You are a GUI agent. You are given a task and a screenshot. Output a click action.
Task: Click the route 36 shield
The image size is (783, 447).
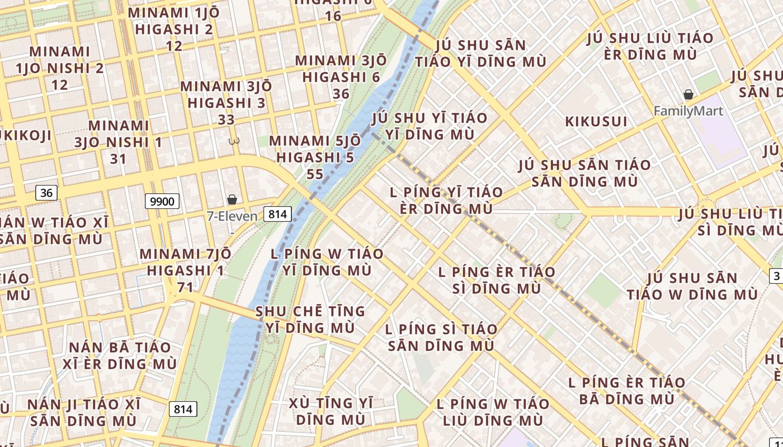click(x=46, y=193)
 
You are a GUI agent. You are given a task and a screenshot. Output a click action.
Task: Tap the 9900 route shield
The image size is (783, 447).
click(x=162, y=201)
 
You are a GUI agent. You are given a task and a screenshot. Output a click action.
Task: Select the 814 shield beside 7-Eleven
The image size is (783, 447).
click(x=277, y=213)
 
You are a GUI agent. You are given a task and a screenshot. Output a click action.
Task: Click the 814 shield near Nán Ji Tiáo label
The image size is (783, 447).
click(x=183, y=409)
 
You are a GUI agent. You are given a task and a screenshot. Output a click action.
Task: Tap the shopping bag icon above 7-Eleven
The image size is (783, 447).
click(x=232, y=199)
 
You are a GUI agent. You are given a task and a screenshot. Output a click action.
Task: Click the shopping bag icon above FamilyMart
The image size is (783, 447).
click(x=688, y=95)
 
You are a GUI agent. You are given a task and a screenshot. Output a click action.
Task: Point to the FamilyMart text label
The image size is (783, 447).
click(x=688, y=111)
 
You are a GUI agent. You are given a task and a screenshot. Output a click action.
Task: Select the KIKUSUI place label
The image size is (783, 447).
click(x=596, y=121)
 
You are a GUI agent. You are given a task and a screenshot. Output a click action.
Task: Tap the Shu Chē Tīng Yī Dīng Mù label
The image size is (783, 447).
click(x=310, y=319)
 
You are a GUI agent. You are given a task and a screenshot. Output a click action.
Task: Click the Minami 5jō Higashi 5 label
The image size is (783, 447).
click(x=312, y=158)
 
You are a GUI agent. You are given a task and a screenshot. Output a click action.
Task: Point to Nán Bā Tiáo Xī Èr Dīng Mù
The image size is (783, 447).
click(x=120, y=355)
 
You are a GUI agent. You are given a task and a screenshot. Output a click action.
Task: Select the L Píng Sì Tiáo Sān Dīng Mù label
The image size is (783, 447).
click(x=441, y=337)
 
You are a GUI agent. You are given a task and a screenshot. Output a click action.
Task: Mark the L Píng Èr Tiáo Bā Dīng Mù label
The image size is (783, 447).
click(x=626, y=391)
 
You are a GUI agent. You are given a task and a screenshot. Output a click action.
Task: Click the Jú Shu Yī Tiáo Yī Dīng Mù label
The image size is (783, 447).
click(x=430, y=126)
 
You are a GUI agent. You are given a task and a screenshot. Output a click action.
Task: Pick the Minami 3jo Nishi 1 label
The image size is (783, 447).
click(x=119, y=142)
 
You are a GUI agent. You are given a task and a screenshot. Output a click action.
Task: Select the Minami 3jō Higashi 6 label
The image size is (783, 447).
click(x=341, y=77)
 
